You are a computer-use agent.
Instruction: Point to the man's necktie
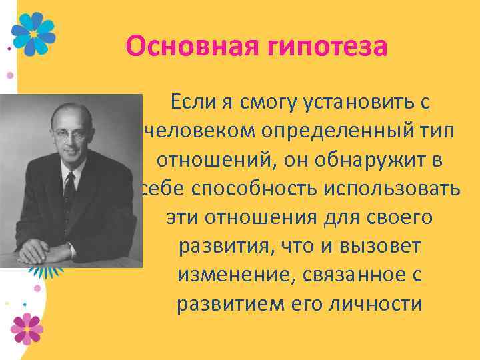tap(69, 190)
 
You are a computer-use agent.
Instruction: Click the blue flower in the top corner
tap(34, 33)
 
